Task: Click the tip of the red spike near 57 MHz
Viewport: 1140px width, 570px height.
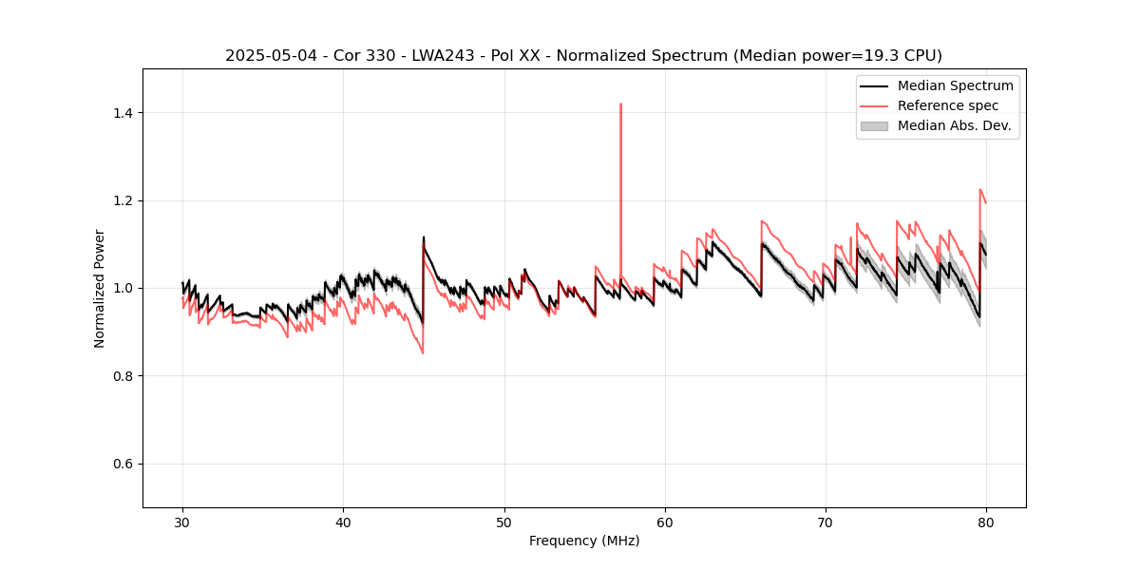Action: (x=620, y=104)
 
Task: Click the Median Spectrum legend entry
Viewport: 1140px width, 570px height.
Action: (x=955, y=85)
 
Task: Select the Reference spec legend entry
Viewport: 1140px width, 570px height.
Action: (x=947, y=105)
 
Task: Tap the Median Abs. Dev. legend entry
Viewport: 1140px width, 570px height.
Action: (x=954, y=125)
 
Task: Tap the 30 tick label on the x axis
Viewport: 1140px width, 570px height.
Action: (x=182, y=522)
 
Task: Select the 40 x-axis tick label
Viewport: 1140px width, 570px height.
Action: (x=343, y=522)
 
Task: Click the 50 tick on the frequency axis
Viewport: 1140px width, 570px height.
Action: (x=504, y=522)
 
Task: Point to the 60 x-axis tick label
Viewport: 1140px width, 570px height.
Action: (x=665, y=522)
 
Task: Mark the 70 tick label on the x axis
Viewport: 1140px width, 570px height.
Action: (x=826, y=522)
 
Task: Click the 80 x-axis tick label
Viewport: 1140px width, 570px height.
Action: (x=986, y=522)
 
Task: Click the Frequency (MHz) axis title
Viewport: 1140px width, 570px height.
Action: (x=584, y=541)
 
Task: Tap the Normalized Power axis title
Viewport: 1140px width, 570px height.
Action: (x=100, y=288)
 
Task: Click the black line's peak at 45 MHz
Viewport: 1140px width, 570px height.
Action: (x=424, y=237)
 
